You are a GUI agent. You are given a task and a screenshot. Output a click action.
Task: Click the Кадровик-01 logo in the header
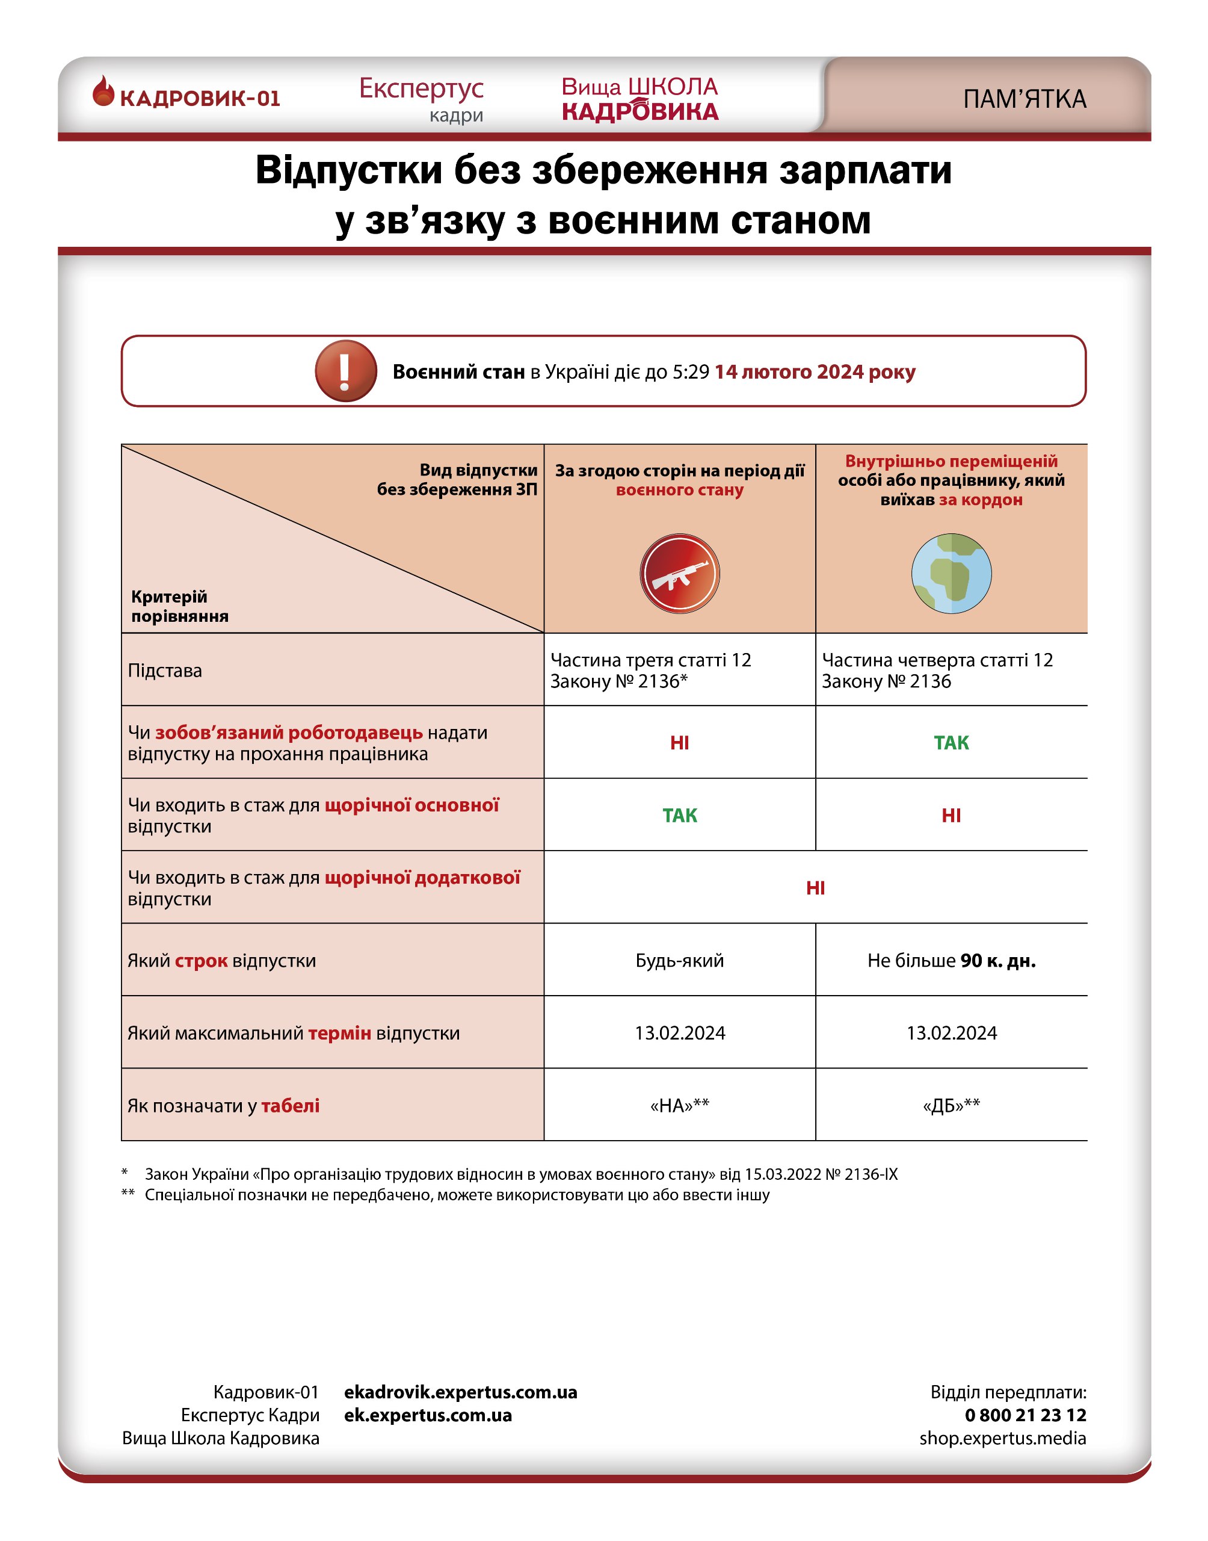(186, 96)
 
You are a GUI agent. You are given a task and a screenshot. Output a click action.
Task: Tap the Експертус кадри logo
(422, 98)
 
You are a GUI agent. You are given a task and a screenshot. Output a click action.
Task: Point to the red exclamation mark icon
(345, 371)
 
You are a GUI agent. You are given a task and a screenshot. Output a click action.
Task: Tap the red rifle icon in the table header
(680, 573)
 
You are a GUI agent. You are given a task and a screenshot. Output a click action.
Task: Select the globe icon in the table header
(951, 573)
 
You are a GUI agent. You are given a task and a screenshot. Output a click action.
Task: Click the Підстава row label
(165, 671)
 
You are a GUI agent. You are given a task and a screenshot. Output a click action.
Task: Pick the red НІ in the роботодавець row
(680, 743)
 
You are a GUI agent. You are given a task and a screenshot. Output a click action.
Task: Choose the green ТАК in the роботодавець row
(951, 743)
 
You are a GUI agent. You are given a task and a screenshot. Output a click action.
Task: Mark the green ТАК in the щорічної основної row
(680, 816)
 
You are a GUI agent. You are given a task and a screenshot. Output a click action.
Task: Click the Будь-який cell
(680, 961)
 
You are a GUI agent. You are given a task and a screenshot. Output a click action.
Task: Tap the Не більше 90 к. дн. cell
(951, 961)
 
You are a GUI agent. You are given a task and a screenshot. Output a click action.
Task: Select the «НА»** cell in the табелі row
(680, 1106)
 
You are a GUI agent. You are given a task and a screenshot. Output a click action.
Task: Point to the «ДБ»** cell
(951, 1106)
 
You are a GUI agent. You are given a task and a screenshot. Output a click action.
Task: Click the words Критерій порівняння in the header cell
(180, 606)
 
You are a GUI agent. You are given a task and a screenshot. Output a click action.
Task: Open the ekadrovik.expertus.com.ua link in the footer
(460, 1392)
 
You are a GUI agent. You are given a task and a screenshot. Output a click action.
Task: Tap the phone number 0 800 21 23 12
(1025, 1415)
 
